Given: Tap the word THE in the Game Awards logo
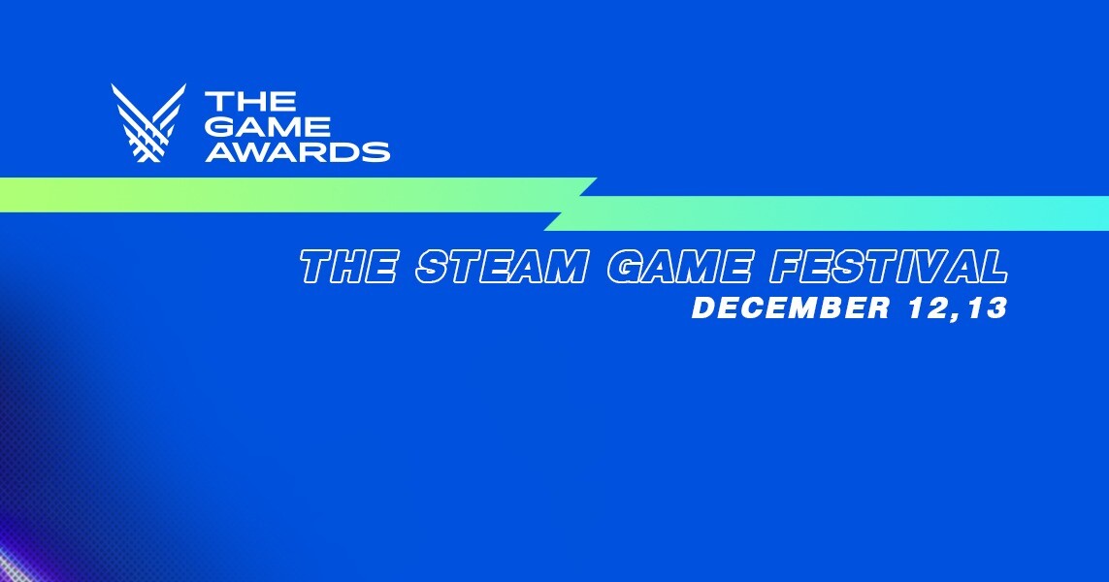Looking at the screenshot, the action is click(x=250, y=101).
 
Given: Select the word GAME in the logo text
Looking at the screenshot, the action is click(x=268, y=126).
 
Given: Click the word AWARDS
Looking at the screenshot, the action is click(x=298, y=152).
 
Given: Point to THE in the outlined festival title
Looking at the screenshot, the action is click(x=348, y=267).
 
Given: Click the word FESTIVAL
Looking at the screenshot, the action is click(x=889, y=267).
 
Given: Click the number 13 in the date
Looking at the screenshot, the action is click(x=988, y=307).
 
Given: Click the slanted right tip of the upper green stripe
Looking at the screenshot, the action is click(x=597, y=178).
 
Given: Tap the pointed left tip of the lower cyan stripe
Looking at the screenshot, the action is click(x=544, y=229).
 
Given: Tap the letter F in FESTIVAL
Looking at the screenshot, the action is click(x=788, y=267).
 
